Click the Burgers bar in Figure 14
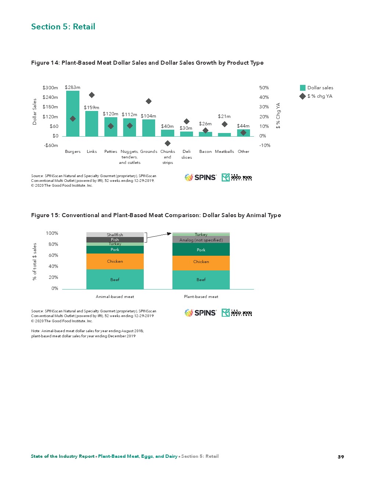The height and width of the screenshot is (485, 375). pos(73,114)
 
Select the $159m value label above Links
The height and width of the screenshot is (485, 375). pos(92,108)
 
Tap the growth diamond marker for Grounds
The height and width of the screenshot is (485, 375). pos(149,101)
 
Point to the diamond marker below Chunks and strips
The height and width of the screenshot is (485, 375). pos(168,143)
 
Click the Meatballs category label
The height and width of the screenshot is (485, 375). pos(224,151)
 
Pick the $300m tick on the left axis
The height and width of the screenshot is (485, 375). pos(50,88)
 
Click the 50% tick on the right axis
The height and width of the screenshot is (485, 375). pos(264,88)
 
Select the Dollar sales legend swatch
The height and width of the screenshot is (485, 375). pos(303,88)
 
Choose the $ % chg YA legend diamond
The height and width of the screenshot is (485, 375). pos(303,96)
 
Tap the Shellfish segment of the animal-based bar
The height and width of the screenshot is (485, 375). pos(115,234)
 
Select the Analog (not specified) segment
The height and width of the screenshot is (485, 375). pos(201,240)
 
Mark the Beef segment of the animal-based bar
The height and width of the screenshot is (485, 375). pos(115,280)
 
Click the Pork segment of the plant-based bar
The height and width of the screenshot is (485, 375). pos(201,249)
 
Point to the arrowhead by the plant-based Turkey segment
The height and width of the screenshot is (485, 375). pos(169,233)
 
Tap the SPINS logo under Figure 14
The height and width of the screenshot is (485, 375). pos(201,177)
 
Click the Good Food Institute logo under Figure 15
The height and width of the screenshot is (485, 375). pos(237,313)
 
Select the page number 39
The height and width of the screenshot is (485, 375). pos(341,457)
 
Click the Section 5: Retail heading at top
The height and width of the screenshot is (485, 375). pos(63,27)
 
